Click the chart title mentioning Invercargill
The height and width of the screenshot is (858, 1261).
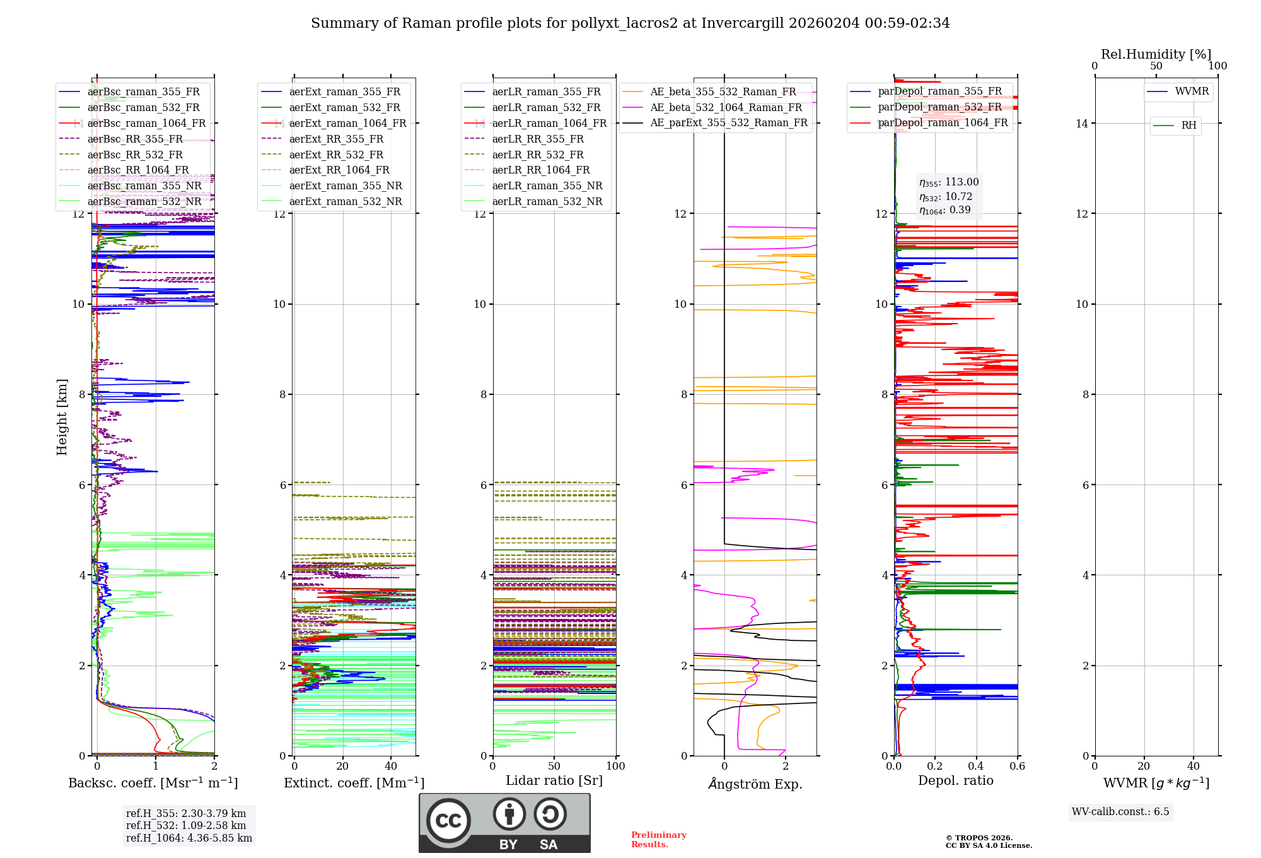(630, 23)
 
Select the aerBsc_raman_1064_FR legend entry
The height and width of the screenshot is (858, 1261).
(146, 123)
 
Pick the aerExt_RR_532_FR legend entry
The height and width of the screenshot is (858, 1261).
(335, 155)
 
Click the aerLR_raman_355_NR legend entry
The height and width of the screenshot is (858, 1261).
(547, 185)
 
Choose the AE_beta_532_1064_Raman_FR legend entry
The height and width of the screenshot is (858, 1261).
(726, 107)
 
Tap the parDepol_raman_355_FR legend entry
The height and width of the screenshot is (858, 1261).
(939, 91)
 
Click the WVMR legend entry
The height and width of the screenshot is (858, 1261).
(1192, 91)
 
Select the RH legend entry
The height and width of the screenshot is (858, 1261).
(1188, 126)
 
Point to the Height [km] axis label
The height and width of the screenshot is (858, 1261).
(62, 416)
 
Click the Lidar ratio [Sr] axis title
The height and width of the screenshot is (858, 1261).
(554, 780)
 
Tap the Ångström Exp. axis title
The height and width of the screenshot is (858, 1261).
(755, 784)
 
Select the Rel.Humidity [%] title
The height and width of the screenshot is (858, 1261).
(1156, 54)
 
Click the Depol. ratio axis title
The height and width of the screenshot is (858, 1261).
(955, 780)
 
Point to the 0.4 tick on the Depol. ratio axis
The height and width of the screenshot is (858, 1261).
(976, 766)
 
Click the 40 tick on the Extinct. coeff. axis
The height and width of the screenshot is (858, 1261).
(391, 766)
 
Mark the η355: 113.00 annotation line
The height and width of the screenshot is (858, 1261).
(949, 182)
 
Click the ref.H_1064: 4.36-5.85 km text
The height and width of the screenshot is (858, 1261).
(189, 838)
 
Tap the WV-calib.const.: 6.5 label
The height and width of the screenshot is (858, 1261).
(1120, 811)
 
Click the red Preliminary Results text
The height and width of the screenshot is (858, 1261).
(658, 839)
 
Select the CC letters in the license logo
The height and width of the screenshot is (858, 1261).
(448, 821)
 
